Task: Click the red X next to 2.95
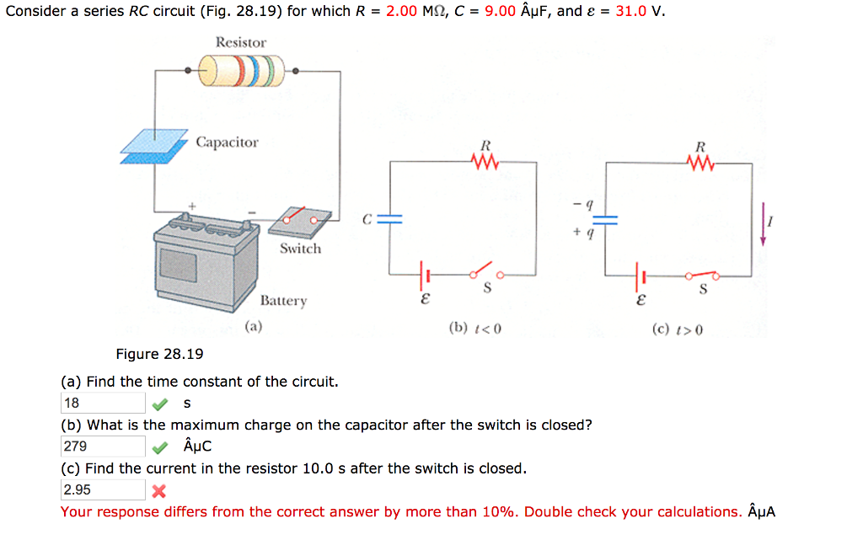point(158,491)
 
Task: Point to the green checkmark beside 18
point(158,404)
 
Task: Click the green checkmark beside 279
point(158,447)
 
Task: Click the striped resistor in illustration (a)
point(241,70)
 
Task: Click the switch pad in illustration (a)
point(299,221)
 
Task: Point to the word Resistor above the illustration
point(240,42)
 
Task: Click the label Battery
point(283,301)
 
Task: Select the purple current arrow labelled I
point(764,226)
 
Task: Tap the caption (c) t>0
point(677,329)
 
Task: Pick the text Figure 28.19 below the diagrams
point(159,354)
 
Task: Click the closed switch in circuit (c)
point(702,275)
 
